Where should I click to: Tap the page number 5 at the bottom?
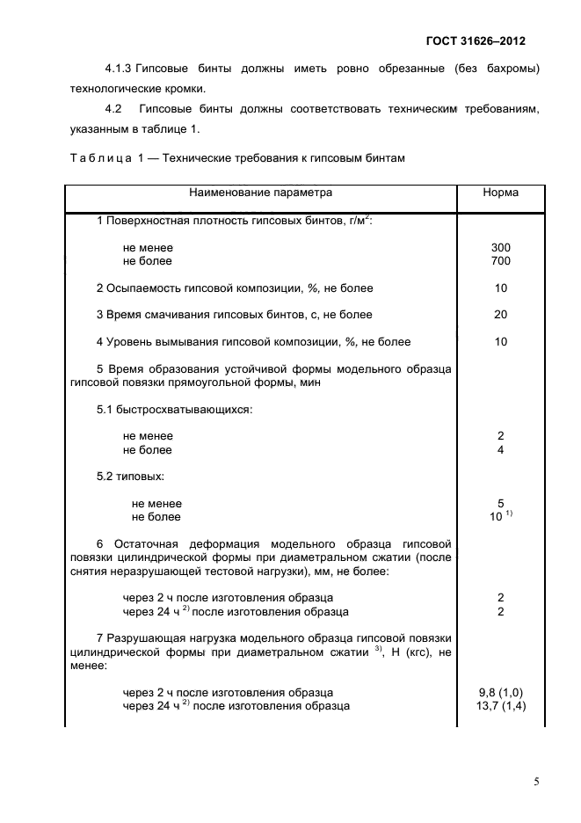(x=536, y=779)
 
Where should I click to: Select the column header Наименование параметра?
(x=260, y=193)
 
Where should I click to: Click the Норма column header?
(x=501, y=193)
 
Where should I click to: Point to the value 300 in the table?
(x=501, y=248)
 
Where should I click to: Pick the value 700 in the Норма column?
(x=501, y=261)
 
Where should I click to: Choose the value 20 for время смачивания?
(x=501, y=315)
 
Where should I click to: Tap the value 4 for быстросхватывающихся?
(x=501, y=450)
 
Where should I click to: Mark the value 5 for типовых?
(x=501, y=504)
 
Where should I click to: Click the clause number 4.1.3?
(x=119, y=69)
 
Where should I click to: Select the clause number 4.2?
(x=113, y=109)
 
